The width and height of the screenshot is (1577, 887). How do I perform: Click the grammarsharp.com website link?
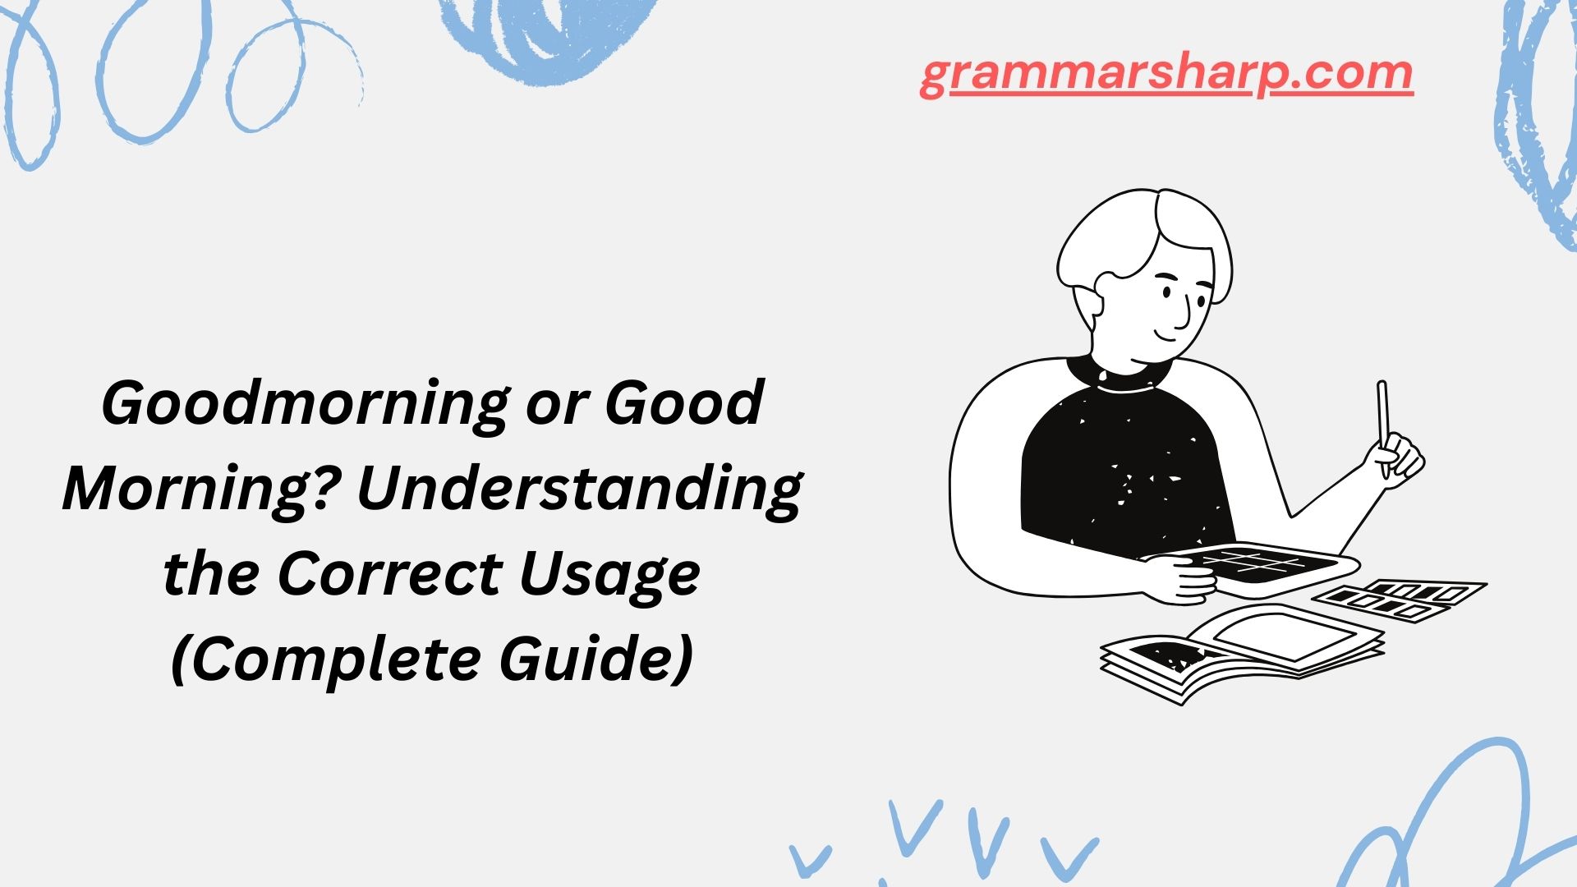click(1166, 76)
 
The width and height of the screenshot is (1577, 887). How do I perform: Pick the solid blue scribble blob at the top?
click(546, 37)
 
